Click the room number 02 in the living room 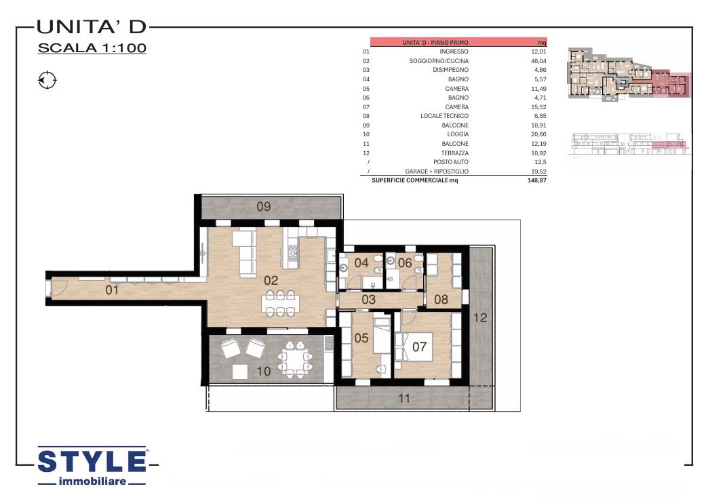pos(271,280)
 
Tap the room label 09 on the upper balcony pos(264,207)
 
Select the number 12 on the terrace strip pos(480,318)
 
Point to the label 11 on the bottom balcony pos(404,399)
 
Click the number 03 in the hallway pos(369,299)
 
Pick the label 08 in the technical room pos(441,299)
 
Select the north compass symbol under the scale pos(47,81)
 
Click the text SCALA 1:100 pos(92,48)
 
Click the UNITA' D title pos(92,26)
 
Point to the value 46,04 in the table pos(538,60)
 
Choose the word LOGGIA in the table pos(458,134)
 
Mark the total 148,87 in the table pos(537,180)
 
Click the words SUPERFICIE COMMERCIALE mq pos(415,180)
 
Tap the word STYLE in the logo pos(92,462)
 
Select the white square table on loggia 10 pos(240,372)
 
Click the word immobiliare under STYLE pos(92,481)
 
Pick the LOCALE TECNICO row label pos(444,116)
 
